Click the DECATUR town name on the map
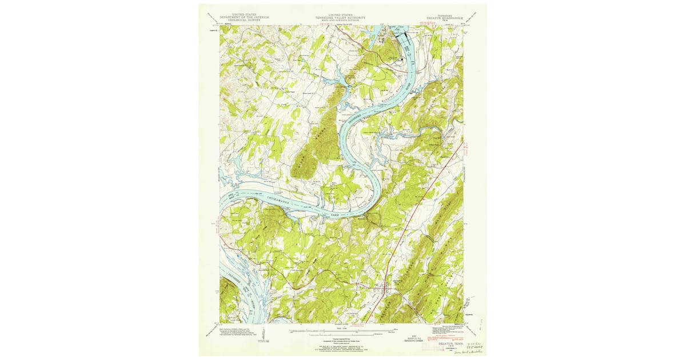396,280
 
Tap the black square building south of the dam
402,59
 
